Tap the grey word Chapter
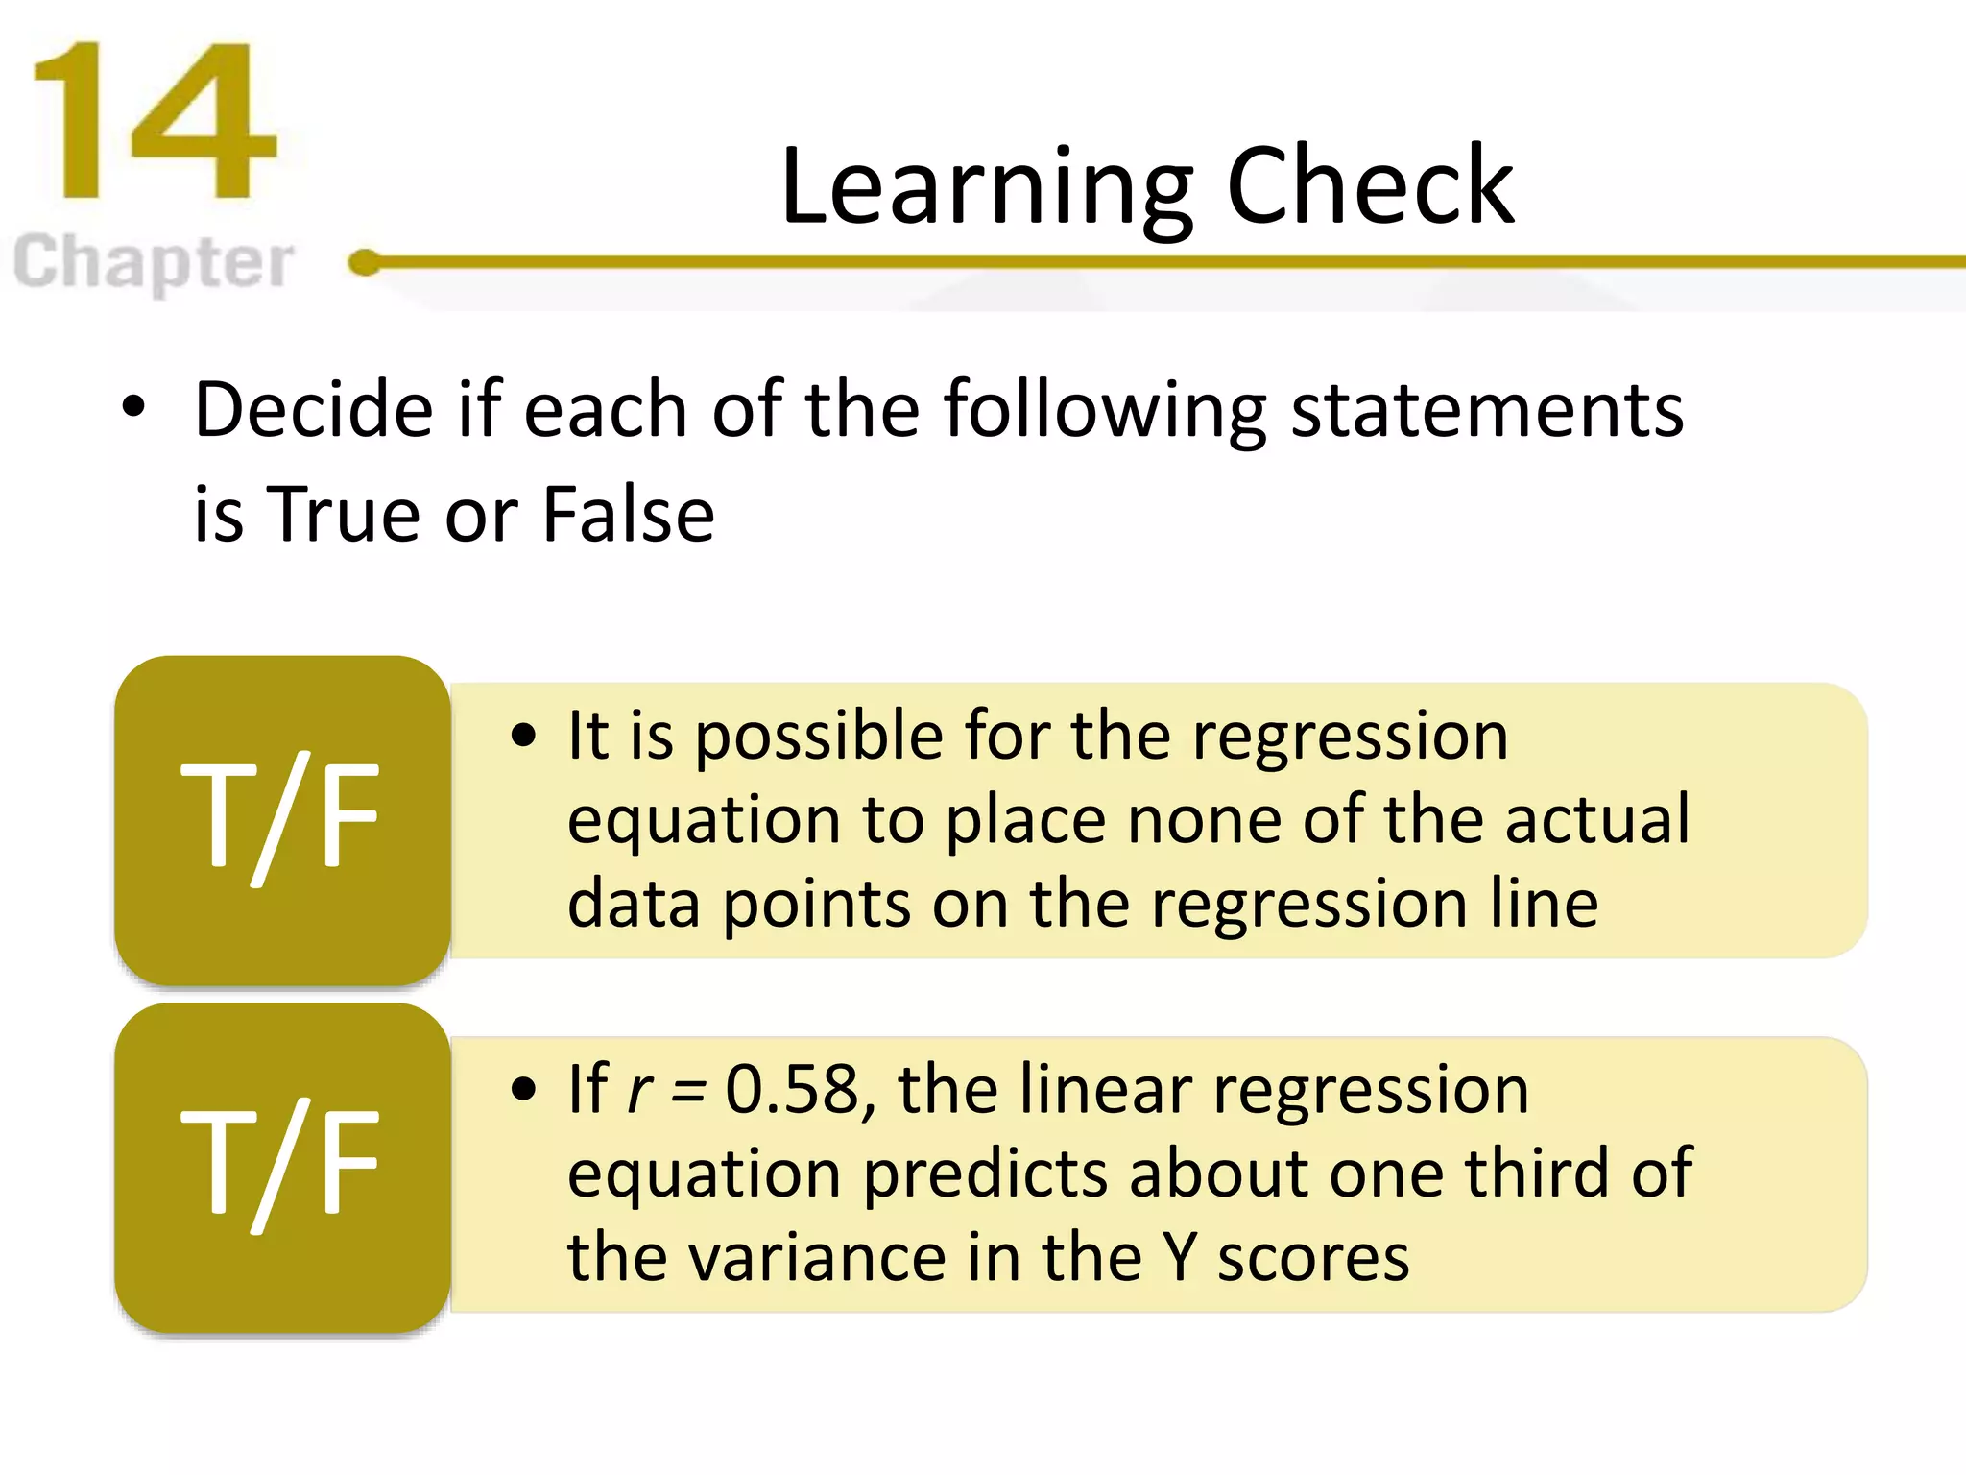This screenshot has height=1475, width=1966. (x=154, y=261)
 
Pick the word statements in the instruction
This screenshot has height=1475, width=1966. (x=1487, y=410)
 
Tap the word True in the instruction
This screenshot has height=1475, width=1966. (x=345, y=514)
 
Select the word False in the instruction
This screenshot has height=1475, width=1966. (x=628, y=514)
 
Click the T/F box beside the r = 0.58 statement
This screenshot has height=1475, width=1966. (x=282, y=1166)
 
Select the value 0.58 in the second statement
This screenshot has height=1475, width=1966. (x=792, y=1090)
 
